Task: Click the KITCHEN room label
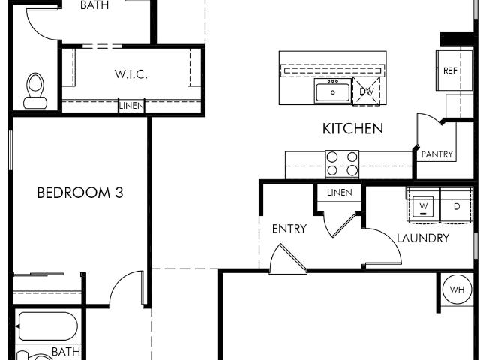click(x=352, y=128)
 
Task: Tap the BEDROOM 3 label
click(x=80, y=193)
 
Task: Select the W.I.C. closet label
click(x=131, y=74)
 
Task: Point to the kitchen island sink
click(x=332, y=91)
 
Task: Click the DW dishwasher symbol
click(x=367, y=91)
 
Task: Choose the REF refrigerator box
click(x=454, y=70)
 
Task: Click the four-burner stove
click(x=342, y=164)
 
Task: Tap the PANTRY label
click(x=436, y=154)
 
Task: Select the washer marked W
click(x=423, y=205)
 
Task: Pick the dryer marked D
click(x=457, y=205)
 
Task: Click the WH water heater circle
click(x=457, y=289)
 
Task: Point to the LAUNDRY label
click(x=423, y=238)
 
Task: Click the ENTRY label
click(x=289, y=229)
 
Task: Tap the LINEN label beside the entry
click(x=340, y=193)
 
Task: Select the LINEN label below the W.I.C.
click(x=131, y=106)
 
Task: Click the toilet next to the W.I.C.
click(x=35, y=91)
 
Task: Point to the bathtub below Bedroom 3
click(x=46, y=326)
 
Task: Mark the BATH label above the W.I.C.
click(x=94, y=5)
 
